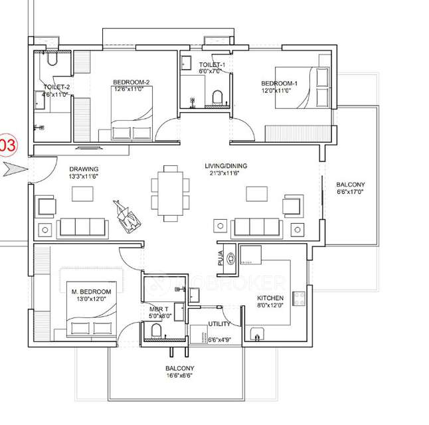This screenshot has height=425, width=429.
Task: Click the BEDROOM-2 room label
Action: coord(131,82)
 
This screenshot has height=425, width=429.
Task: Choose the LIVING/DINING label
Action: coord(222,165)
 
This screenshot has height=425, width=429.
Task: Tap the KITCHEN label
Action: coord(271,298)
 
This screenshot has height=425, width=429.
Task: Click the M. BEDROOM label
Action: coord(91,292)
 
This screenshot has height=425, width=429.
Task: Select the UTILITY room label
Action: coord(219,324)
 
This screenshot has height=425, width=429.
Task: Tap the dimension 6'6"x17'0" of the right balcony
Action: coord(350,192)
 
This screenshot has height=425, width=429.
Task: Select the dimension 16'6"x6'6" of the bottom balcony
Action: coord(180,376)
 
